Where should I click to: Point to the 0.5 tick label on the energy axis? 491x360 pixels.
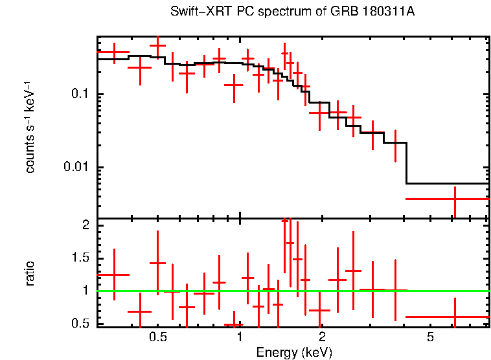pos(158,337)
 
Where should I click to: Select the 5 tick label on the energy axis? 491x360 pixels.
pos(430,337)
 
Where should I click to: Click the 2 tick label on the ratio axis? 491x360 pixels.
pos(85,225)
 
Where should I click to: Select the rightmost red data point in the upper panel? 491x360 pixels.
pos(455,199)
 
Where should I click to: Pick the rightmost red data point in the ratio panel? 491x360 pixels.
pos(455,317)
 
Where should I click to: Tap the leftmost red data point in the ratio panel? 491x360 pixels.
pos(114,275)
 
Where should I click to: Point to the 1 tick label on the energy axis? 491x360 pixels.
pos(240,337)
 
